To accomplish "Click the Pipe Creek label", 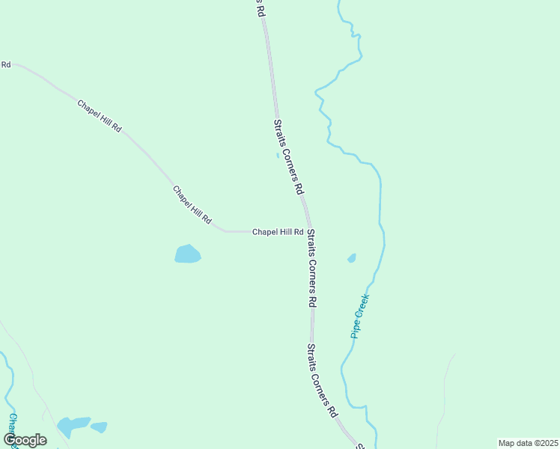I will (x=361, y=316).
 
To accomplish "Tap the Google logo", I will (x=25, y=440).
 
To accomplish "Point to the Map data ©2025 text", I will (x=529, y=443).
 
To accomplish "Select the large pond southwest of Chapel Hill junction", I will (x=187, y=254).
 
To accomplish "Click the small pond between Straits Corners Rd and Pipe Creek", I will (x=352, y=258).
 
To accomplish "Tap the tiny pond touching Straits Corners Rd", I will (x=278, y=156).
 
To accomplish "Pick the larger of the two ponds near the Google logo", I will (x=73, y=426).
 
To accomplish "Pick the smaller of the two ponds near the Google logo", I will (x=99, y=427).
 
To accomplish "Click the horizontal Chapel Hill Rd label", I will (x=277, y=232).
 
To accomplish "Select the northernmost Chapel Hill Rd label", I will (x=99, y=115).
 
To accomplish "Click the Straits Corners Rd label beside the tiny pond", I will (x=288, y=156).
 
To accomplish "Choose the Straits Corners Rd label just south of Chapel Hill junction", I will (x=312, y=269).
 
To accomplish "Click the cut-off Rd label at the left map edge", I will (x=5, y=65).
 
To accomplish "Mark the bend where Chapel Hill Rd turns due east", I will (x=225, y=231).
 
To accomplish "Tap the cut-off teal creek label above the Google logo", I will (x=12, y=423).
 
